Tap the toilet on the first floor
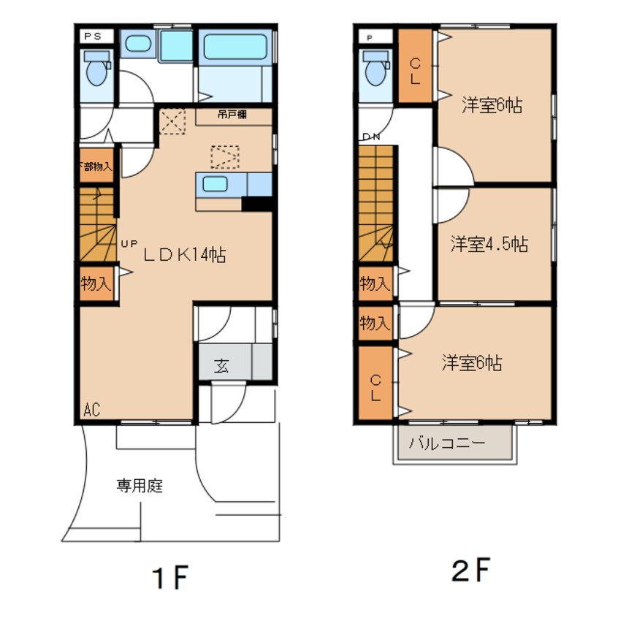[96, 69]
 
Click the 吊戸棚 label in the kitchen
[232, 115]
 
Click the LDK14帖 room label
[183, 254]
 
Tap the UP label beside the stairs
[129, 244]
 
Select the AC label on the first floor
[91, 411]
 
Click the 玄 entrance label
[221, 366]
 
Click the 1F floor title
[169, 578]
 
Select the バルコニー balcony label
[446, 443]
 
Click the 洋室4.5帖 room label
[489, 244]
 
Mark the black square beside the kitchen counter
[256, 204]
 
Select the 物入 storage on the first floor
[96, 284]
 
